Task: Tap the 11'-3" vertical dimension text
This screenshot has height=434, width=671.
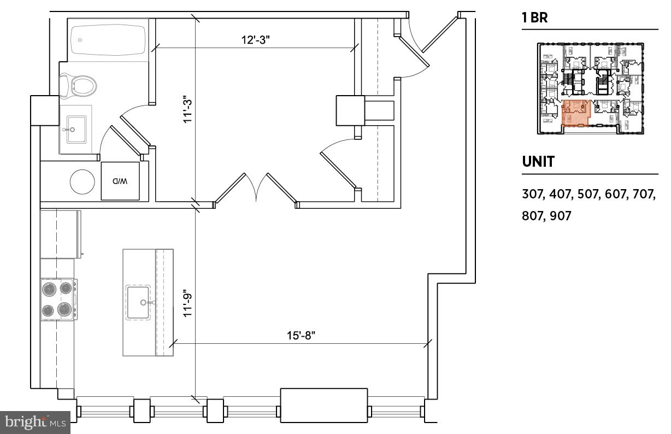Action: pos(188,109)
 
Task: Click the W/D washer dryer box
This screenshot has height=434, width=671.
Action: pos(120,181)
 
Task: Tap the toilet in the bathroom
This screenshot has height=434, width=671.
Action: pos(79,85)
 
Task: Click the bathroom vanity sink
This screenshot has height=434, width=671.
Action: pos(76,130)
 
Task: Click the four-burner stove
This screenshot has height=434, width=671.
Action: pos(58,300)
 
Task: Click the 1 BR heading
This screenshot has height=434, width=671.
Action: pos(535,17)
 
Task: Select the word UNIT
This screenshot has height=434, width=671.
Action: pos(538,162)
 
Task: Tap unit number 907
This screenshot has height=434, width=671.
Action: pos(561,215)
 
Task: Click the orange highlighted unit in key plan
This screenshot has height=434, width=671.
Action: pos(575,113)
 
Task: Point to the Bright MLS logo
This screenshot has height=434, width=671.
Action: pos(35,422)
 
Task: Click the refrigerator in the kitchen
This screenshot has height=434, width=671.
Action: pos(60,233)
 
